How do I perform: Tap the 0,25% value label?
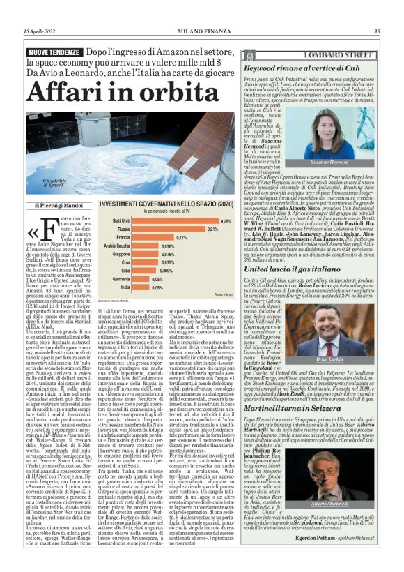click(x=226, y=220)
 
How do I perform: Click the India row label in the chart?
click(x=124, y=287)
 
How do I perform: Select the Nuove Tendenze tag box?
click(x=58, y=53)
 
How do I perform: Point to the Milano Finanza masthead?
click(x=201, y=31)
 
